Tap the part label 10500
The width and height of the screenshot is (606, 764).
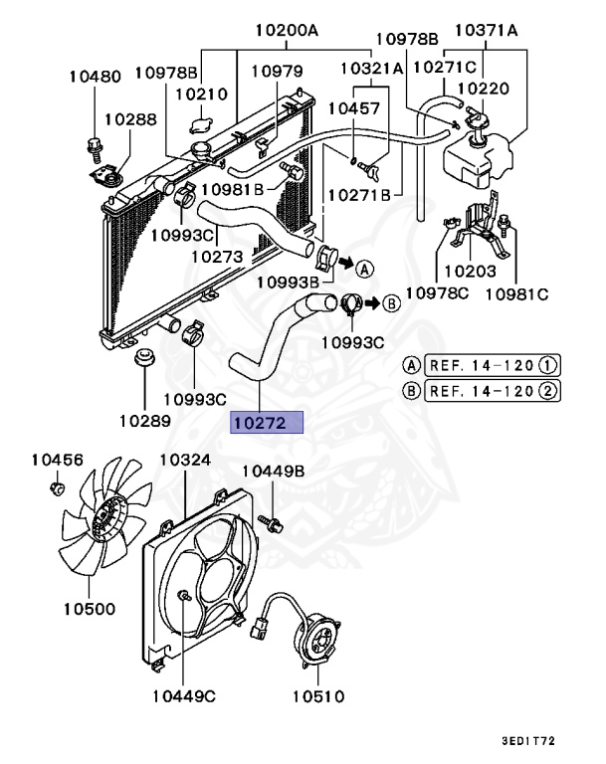[x=89, y=609]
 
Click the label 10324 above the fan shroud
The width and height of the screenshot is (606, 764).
[x=185, y=462]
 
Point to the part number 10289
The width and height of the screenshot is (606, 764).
[x=143, y=421]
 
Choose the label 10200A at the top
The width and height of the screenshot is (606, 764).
[x=286, y=31]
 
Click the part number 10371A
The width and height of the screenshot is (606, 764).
[x=487, y=31]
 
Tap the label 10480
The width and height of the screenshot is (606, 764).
[x=95, y=77]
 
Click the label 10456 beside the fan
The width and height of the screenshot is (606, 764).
[x=57, y=460]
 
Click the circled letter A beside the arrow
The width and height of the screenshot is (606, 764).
[x=364, y=269]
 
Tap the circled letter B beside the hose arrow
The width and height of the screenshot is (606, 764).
[x=391, y=302]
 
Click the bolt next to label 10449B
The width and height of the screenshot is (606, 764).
[x=266, y=521]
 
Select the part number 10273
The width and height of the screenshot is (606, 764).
[x=217, y=257]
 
